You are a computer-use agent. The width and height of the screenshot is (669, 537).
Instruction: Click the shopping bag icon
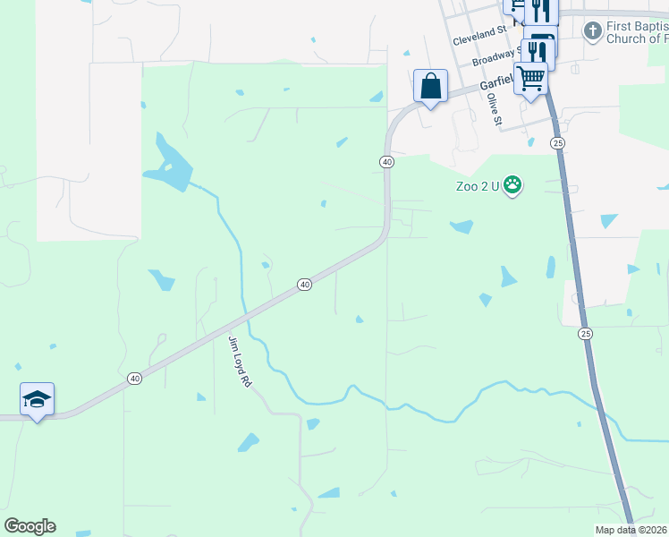(431, 87)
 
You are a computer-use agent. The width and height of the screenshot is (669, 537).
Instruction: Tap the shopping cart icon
(531, 78)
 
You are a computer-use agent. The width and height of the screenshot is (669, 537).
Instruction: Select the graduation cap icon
(37, 399)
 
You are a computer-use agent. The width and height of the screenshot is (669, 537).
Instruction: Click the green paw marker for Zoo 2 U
(512, 186)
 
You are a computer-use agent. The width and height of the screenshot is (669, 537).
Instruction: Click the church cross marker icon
(591, 32)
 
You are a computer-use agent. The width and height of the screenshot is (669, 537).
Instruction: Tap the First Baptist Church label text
(637, 32)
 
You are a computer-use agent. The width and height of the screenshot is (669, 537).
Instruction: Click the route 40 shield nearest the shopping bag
(386, 162)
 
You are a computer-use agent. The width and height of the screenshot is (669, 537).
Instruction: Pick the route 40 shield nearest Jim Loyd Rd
(304, 285)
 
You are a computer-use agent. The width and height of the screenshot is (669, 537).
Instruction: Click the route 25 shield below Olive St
(558, 143)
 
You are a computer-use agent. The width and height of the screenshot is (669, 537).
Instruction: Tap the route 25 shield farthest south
(585, 334)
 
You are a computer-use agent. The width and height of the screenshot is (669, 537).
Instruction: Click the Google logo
(30, 526)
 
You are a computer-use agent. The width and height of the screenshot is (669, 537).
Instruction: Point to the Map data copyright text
(631, 530)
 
